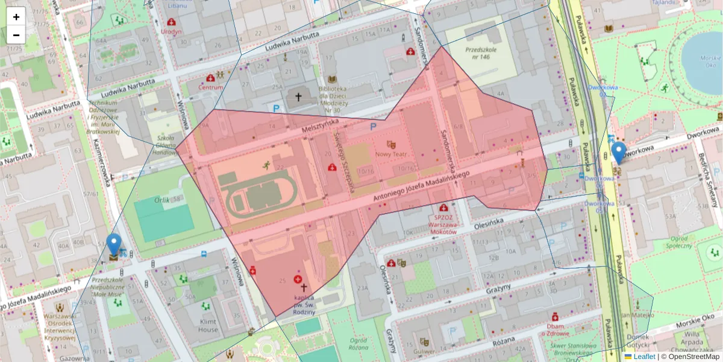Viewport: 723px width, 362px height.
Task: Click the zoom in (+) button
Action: click(16, 16)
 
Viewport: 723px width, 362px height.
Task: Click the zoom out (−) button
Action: click(16, 35)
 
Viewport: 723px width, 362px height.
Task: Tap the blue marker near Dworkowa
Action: click(618, 152)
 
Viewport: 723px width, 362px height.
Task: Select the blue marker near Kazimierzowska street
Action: click(114, 244)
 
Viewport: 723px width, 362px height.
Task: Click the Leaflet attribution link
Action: click(643, 357)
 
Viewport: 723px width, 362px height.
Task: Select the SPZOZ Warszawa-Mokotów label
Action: click(443, 221)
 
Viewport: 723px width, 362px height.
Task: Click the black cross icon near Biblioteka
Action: click(298, 97)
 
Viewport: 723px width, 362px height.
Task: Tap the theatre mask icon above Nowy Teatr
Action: click(391, 144)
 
